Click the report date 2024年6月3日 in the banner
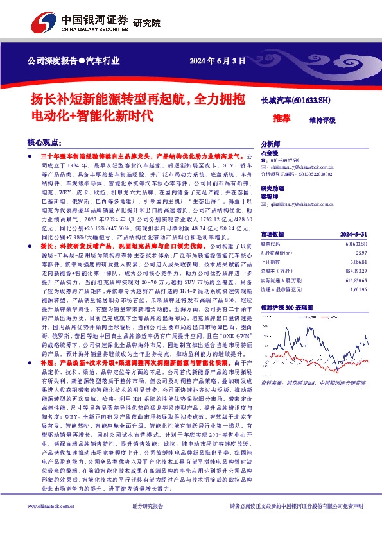point(218,62)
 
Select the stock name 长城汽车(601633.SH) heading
point(295,101)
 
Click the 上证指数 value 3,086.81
point(360,263)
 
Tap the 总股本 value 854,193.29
point(358,272)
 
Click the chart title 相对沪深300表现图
point(291,308)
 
